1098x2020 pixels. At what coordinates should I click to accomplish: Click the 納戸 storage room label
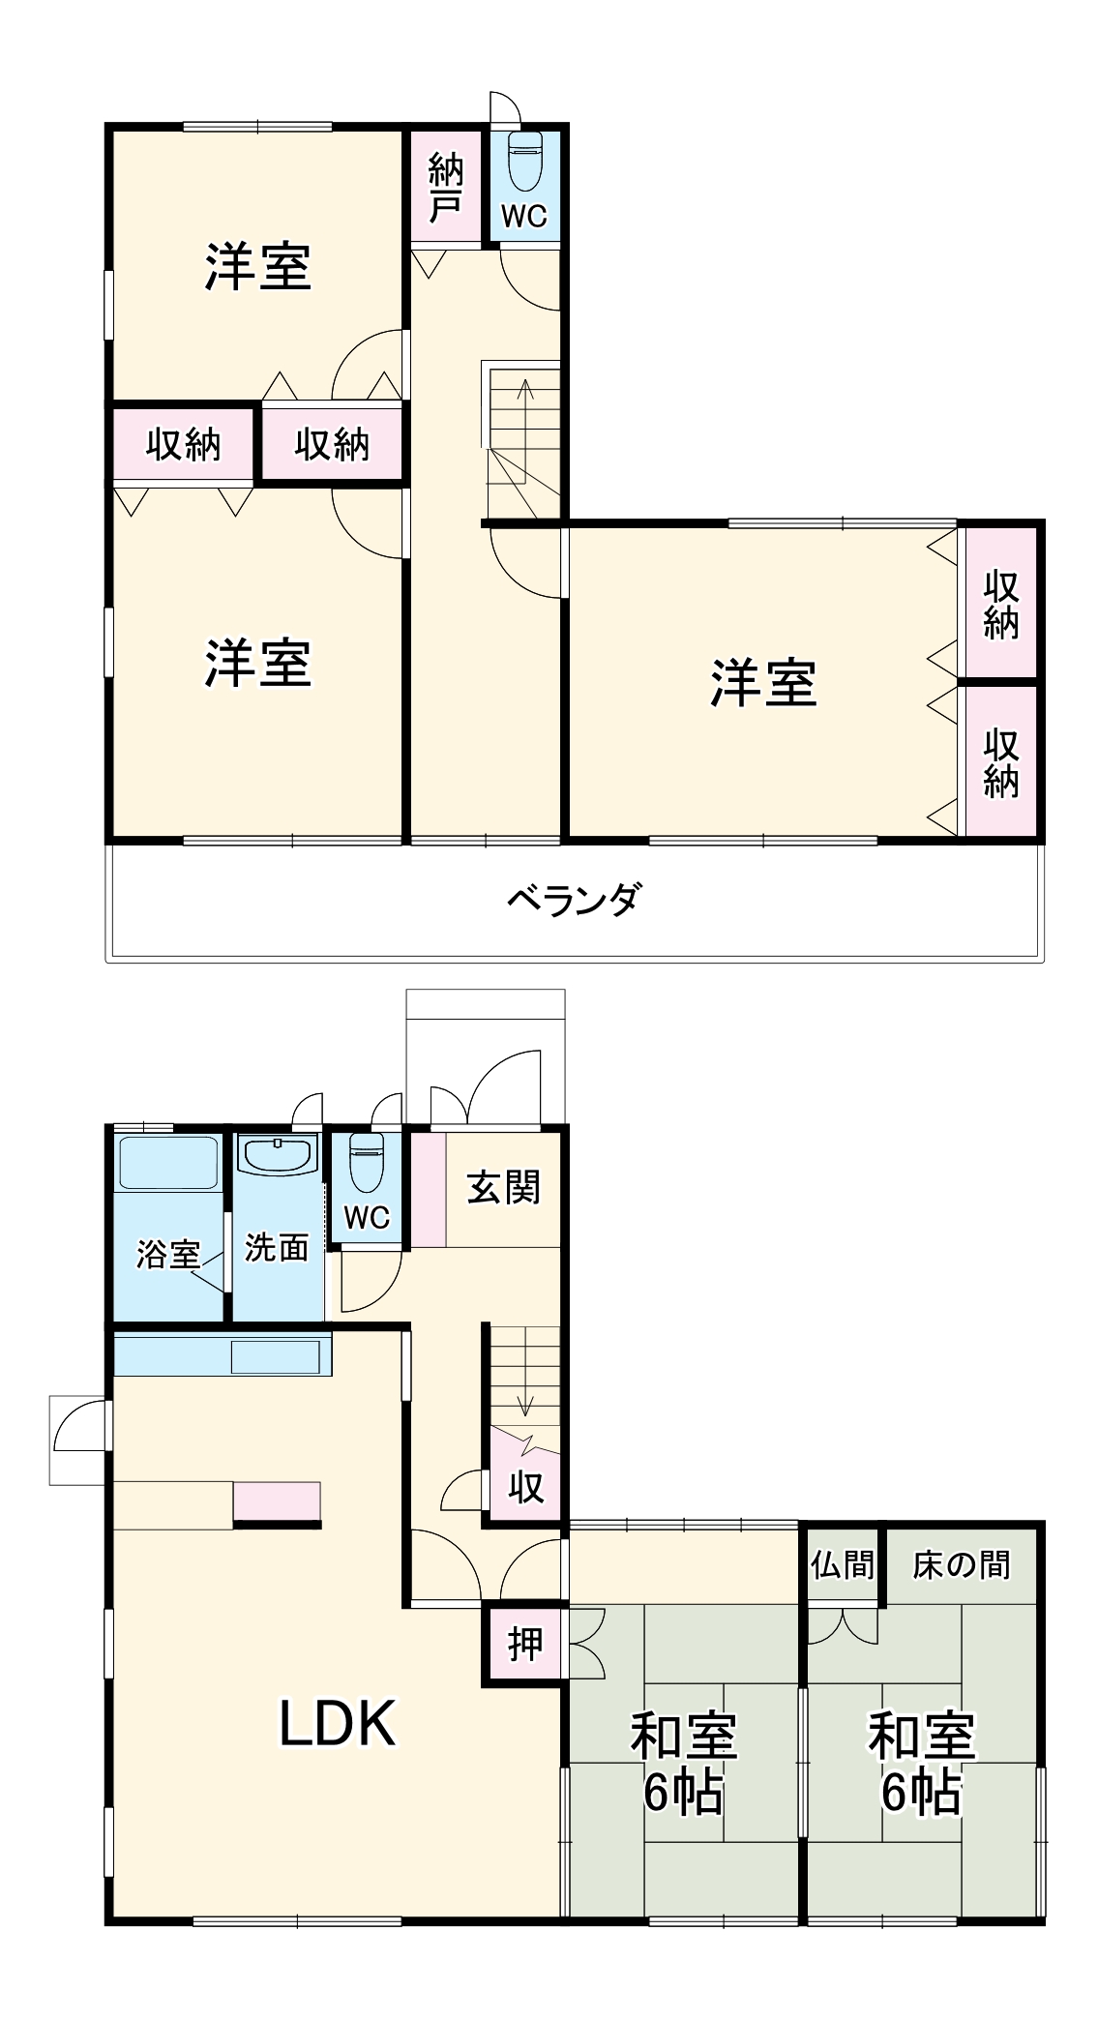pos(446,188)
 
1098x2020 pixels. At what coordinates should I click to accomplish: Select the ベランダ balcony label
pos(574,900)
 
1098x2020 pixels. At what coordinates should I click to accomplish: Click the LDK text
pos(338,1723)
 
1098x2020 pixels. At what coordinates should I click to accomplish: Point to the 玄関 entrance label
pos(503,1187)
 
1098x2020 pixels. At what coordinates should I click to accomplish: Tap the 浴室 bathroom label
pos(167,1254)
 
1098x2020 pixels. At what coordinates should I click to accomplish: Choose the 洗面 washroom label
pos(277,1247)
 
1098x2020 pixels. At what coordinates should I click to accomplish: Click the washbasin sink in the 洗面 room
pos(279,1154)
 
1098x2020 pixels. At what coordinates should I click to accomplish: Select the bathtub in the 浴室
pos(168,1162)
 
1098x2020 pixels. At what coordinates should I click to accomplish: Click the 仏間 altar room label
pos(843,1564)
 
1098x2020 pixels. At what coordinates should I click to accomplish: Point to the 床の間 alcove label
pos(961,1564)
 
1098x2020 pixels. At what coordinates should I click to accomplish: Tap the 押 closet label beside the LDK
pos(525,1644)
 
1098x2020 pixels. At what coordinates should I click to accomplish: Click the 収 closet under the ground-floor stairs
pos(526,1487)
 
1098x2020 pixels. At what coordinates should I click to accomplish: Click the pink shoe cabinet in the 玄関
pos(429,1188)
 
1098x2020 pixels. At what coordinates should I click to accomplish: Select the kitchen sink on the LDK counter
pos(275,1356)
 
